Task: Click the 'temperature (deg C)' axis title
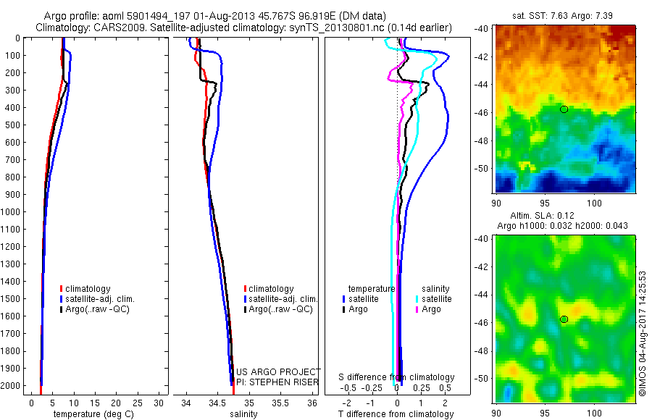click(x=93, y=414)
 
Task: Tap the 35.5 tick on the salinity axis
click(x=280, y=403)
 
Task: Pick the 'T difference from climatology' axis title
click(x=396, y=414)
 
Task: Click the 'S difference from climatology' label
click(x=397, y=377)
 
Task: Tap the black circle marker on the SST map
click(x=564, y=109)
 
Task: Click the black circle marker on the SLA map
click(x=564, y=319)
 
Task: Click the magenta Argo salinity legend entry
click(x=431, y=309)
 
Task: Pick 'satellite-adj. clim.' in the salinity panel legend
click(x=283, y=299)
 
